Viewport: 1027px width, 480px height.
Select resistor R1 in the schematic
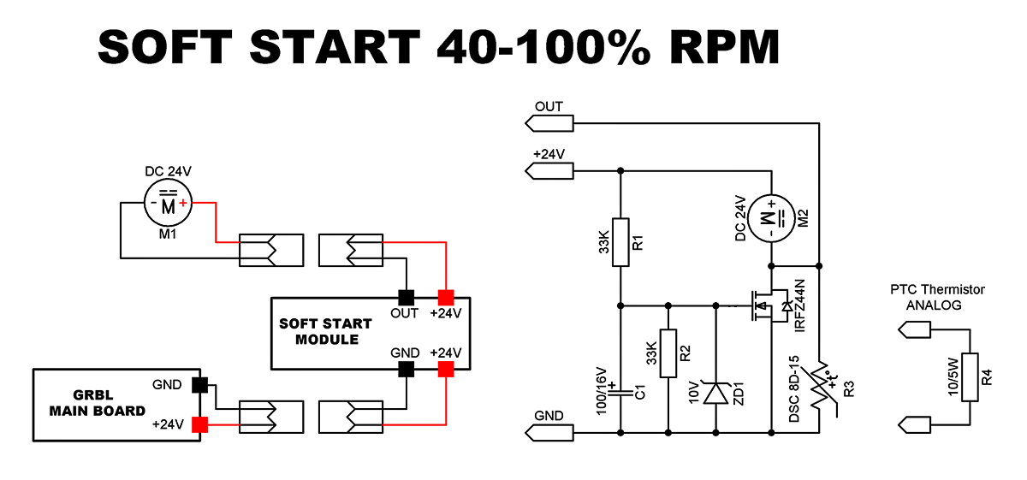[620, 242]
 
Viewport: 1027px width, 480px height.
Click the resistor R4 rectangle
[970, 376]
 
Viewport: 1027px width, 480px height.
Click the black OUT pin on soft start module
[406, 298]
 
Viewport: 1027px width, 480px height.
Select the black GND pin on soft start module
[406, 369]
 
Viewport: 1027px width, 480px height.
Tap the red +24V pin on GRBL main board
[200, 424]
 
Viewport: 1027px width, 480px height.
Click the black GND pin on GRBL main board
[200, 385]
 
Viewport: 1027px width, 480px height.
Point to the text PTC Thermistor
[937, 290]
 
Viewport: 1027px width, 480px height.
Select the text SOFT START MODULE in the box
[325, 331]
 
